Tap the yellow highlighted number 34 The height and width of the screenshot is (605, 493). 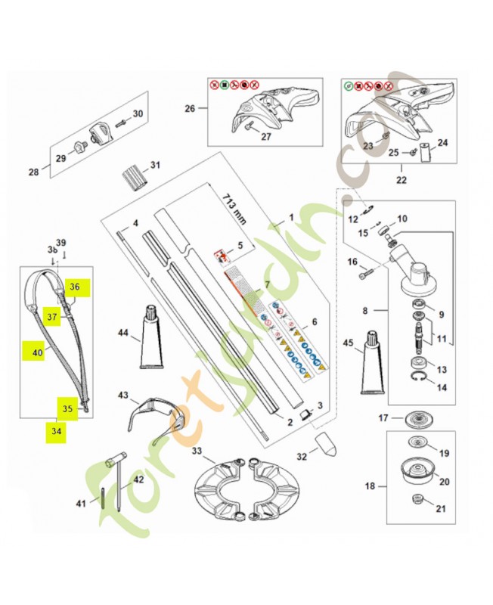coord(57,431)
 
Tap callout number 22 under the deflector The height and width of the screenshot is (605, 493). coord(401,180)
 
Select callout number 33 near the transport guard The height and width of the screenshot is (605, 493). coord(198,452)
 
